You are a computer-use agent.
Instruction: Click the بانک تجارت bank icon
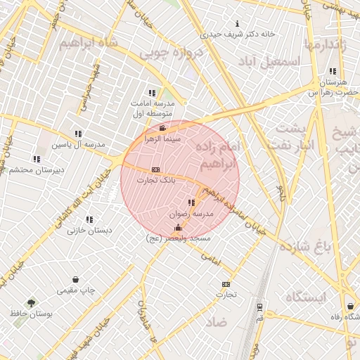(x=155, y=169)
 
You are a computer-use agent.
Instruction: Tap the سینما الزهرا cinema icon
(x=162, y=128)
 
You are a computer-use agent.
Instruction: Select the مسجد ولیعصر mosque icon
(x=177, y=227)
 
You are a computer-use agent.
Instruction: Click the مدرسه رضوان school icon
(x=191, y=202)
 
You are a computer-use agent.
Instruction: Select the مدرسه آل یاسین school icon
(x=78, y=134)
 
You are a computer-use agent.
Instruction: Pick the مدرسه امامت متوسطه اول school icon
(x=152, y=93)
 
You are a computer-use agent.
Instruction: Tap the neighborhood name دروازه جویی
(x=171, y=52)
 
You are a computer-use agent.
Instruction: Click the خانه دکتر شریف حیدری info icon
(x=236, y=23)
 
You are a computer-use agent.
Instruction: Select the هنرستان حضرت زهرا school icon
(x=333, y=72)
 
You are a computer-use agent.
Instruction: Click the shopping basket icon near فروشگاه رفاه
(x=350, y=307)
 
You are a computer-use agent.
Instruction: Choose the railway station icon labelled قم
(x=259, y=308)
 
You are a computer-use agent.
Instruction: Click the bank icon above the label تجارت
(x=225, y=283)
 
